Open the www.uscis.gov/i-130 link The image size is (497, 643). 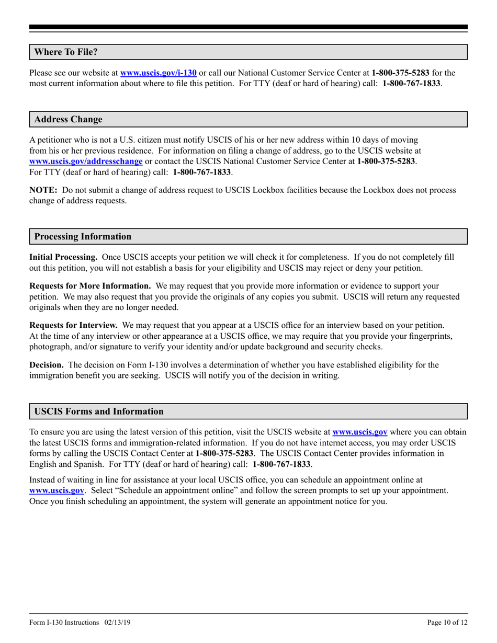159,73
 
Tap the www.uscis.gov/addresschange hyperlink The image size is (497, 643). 86,162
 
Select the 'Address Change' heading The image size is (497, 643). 68,119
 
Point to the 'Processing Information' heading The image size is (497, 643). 83,236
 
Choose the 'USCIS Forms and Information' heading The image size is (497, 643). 99,411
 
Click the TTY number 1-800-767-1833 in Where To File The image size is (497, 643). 411,83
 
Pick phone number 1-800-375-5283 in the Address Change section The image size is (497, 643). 387,162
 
